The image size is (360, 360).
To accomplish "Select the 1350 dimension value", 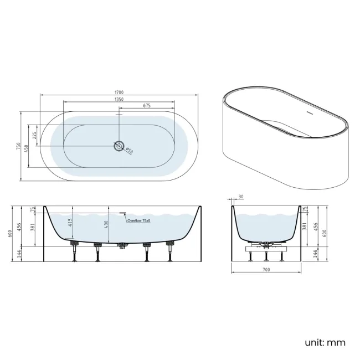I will tap(119, 99).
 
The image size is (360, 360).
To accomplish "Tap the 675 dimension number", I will tap(147, 106).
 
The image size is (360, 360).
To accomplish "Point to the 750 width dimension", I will tap(19, 146).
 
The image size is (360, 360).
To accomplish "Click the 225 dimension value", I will tap(34, 135).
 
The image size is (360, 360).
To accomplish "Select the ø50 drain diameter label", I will tap(129, 150).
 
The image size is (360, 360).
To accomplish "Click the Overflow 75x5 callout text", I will tap(138, 220).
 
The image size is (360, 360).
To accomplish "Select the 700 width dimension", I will tap(266, 270).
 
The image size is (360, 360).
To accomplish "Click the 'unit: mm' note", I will tap(326, 342).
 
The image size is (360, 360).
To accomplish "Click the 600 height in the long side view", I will tap(10, 234).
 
